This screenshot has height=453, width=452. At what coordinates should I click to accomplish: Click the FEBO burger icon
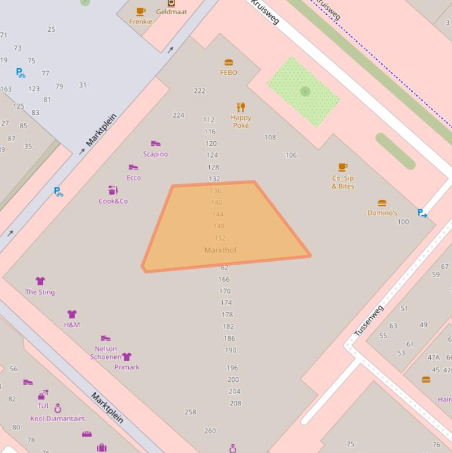pos(229,62)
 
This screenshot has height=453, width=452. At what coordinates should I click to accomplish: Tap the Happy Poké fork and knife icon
pos(240,107)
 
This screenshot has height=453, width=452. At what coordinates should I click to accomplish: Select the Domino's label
pos(382,213)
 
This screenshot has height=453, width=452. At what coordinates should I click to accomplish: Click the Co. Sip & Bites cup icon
pos(343,168)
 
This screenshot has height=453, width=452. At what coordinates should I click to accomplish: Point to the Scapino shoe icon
pos(155,144)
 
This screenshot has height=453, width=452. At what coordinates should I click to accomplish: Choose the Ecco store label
pos(133,178)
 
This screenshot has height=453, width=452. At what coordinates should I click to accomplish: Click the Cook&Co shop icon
pos(113,190)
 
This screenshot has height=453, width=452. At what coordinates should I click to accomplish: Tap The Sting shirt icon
pos(40,281)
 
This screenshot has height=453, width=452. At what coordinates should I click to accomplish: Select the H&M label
pos(72,325)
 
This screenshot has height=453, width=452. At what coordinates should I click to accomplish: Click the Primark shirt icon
pos(126,357)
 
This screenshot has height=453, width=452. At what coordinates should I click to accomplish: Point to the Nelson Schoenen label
pos(105,352)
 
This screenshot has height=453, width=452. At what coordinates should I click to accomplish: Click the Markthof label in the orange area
pos(220,250)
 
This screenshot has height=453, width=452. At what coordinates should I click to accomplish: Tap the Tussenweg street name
pos(369,321)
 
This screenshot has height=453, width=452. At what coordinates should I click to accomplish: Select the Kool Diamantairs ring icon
pos(58,408)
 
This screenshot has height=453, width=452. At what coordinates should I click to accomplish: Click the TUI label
pos(43,406)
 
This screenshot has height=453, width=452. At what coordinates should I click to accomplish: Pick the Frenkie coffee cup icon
pos(140,11)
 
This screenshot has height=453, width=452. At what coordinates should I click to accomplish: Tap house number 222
pos(199,91)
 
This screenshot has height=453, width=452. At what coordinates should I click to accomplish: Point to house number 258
pos(190,412)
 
